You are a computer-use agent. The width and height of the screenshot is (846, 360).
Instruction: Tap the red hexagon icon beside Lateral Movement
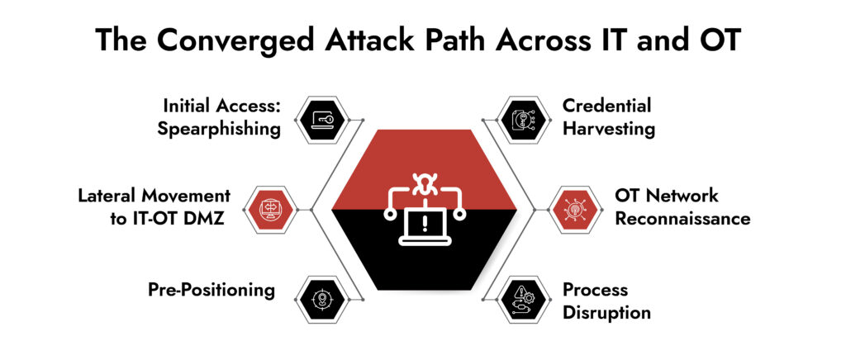click(273, 210)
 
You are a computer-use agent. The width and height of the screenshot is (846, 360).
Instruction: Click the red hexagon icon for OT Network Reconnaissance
click(572, 210)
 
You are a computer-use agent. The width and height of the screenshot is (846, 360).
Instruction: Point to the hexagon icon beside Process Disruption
click(525, 299)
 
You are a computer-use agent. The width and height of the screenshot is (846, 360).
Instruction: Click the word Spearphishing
click(221, 130)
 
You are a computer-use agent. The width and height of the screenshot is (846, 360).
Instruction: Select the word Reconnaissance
click(682, 219)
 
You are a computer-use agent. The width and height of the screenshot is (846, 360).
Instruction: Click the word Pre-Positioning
click(211, 290)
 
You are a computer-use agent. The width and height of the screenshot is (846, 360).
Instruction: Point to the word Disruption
click(606, 313)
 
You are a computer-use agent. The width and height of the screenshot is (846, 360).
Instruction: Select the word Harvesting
click(609, 130)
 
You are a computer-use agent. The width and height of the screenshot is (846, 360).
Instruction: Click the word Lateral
click(108, 196)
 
